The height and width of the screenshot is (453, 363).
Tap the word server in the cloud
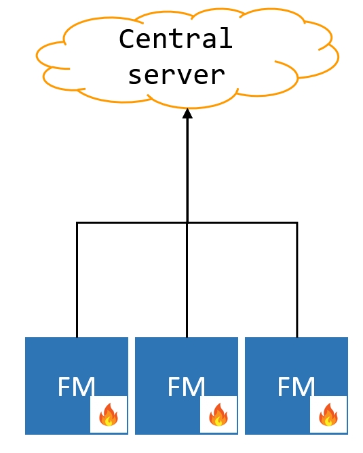pos(176,74)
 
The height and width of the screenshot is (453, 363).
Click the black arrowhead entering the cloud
pos(187,114)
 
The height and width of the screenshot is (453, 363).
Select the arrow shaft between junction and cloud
pos(187,169)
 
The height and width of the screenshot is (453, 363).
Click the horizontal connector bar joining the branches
pos(132,223)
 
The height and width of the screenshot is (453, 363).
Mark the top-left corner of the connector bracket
pos(77,223)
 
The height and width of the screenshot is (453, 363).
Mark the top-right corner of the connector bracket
pos(297,223)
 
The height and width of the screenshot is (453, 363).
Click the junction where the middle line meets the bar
pos(187,223)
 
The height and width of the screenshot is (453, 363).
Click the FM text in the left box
pos(76,387)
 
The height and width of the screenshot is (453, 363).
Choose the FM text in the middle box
pos(186,387)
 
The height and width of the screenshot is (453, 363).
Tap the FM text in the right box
pos(296,387)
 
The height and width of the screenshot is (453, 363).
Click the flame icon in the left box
pos(109,414)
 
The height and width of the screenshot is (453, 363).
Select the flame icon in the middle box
pos(218,414)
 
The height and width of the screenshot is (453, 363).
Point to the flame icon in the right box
pos(328,414)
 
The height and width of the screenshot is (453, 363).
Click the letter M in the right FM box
pos(305,387)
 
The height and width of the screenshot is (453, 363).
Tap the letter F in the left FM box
pos(65,387)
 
